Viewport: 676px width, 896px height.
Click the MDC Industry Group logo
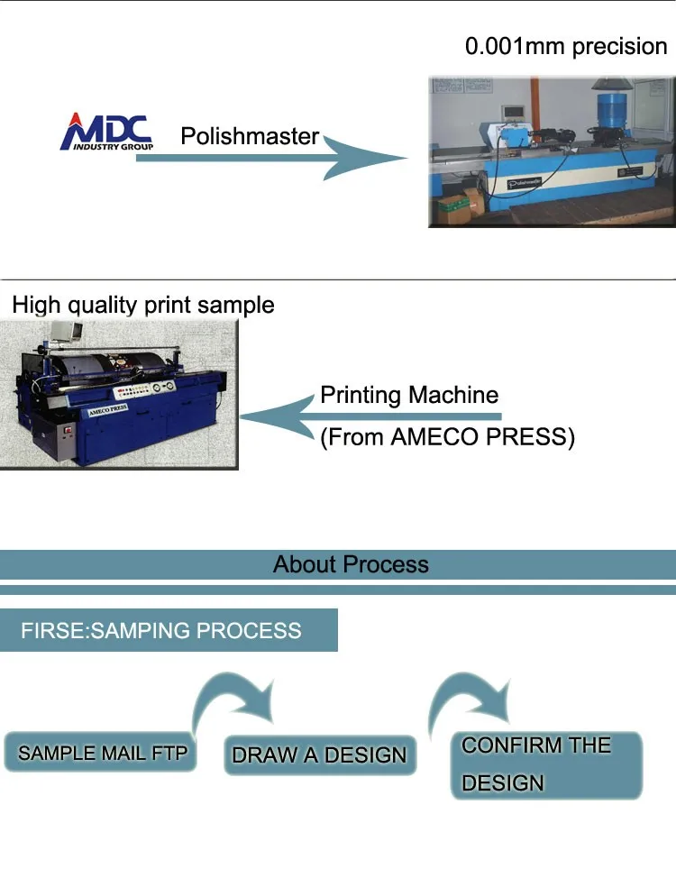pos(106,132)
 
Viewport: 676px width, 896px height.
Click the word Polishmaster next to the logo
pos(250,136)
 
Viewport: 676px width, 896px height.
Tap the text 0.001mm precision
pos(566,47)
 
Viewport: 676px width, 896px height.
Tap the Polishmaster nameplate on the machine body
pos(528,182)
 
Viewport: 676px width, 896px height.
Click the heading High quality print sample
pos(143,305)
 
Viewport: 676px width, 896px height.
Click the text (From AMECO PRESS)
pos(447,437)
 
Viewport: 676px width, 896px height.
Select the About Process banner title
pos(351,565)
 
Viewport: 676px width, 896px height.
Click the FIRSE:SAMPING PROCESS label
pos(161,630)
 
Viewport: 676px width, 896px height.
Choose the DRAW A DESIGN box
pos(319,754)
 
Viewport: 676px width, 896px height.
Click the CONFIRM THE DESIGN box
pos(546,764)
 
